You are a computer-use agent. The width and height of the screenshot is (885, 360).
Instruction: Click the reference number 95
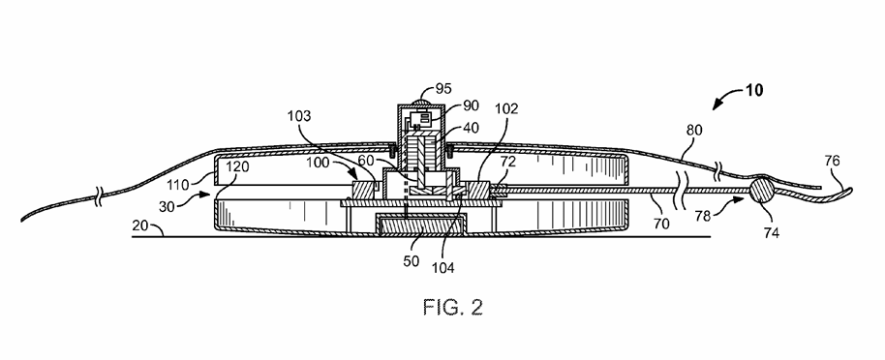point(443,89)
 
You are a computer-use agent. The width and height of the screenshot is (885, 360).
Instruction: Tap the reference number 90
point(471,105)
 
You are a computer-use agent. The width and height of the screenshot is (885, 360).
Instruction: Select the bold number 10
point(754,90)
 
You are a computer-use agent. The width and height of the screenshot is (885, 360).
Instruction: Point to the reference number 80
point(694,131)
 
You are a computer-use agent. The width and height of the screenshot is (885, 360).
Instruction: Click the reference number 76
point(832,161)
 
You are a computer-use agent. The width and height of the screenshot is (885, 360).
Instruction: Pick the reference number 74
point(771,232)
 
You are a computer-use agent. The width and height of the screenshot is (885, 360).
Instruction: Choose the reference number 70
point(661,224)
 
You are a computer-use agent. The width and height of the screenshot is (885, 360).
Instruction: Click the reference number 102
point(505,109)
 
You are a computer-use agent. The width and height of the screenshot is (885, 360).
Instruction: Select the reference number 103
point(298,116)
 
